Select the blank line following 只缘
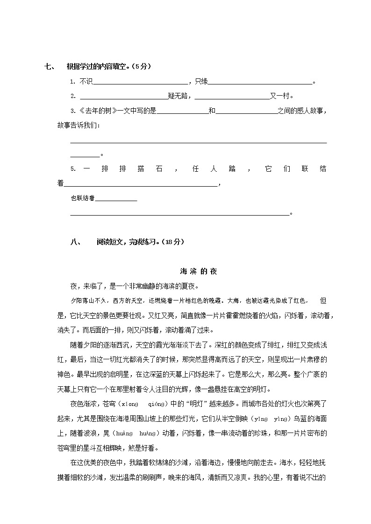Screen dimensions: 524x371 (260, 82)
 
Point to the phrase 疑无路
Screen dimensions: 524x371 (178, 96)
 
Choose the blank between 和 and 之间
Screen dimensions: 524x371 (246, 111)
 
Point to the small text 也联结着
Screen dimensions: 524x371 (82, 198)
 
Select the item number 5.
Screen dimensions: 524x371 (72, 169)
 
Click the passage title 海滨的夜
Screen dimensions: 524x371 (198, 271)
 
